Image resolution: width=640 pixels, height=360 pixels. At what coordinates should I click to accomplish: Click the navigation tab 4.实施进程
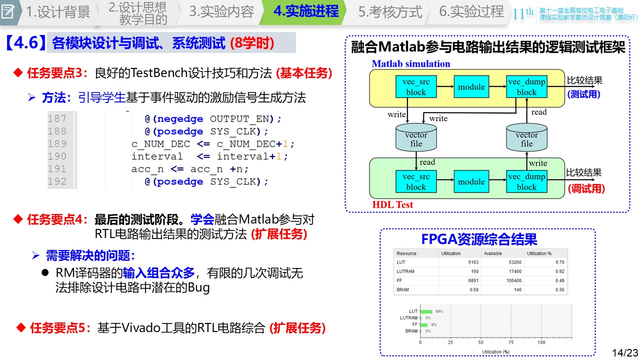[x=305, y=11]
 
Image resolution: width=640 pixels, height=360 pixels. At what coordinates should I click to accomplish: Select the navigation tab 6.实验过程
[x=471, y=11]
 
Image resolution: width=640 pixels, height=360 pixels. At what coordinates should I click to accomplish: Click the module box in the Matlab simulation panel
[x=471, y=87]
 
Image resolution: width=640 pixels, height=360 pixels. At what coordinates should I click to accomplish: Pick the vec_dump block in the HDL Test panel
[x=526, y=182]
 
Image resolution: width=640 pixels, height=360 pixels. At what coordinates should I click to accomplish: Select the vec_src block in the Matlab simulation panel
[x=415, y=87]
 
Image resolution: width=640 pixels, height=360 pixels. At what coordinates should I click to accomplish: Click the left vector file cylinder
[x=416, y=138]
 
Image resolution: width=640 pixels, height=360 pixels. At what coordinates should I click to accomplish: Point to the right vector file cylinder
[x=526, y=138]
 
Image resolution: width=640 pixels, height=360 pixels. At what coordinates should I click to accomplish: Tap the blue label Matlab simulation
[x=411, y=63]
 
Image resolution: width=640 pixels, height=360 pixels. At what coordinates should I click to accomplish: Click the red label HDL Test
[x=393, y=204]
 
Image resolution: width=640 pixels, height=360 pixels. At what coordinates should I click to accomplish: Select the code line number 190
[x=57, y=156]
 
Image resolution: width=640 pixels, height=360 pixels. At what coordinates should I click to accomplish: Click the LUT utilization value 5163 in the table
[x=473, y=262]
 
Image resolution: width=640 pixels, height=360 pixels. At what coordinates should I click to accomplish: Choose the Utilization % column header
[x=539, y=253]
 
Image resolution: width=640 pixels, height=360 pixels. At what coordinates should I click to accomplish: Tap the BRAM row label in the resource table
[x=403, y=290]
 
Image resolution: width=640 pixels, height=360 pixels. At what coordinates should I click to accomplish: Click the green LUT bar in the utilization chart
[x=426, y=311]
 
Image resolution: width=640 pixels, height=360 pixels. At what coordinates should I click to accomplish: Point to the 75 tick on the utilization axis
[x=510, y=343]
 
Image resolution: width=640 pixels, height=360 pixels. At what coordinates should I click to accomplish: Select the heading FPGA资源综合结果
[x=479, y=239]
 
